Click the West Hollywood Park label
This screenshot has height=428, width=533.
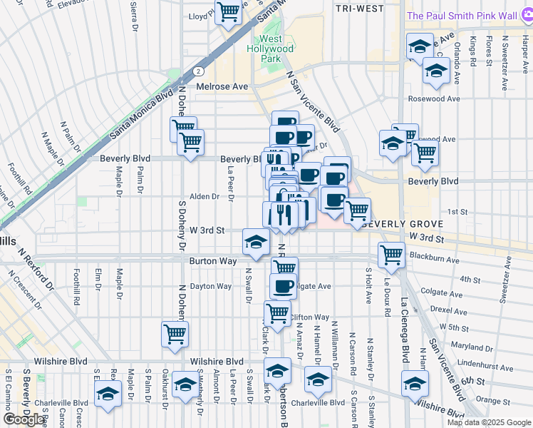(271, 49)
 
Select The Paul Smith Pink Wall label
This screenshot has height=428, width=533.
(469, 16)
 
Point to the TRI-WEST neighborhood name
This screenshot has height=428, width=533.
(359, 9)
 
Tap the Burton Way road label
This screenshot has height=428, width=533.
(212, 261)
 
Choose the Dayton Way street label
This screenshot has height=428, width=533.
(211, 286)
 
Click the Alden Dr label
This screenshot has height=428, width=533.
(204, 197)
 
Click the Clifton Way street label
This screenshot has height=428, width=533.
(309, 317)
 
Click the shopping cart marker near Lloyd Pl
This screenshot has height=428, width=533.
(228, 12)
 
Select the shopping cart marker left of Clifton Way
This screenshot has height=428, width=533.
(277, 312)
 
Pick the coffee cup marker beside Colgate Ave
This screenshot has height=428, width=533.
(284, 286)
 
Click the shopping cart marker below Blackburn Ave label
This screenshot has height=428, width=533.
(391, 255)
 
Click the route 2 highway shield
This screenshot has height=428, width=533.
(197, 71)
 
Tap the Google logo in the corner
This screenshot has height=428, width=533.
(24, 419)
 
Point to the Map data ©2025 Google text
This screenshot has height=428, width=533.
(488, 422)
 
